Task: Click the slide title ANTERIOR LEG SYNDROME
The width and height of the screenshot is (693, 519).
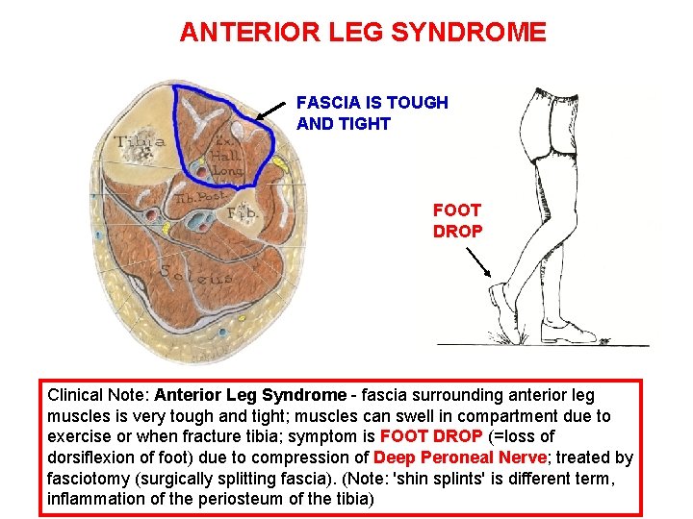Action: point(363,33)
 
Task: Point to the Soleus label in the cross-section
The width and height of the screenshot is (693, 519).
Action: point(196,273)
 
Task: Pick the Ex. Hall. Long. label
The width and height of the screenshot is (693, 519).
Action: point(226,154)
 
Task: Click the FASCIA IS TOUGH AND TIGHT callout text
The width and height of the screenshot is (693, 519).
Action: point(372,112)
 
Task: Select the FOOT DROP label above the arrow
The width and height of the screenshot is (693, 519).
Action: point(457,220)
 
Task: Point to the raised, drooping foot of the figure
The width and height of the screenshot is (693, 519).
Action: point(500,308)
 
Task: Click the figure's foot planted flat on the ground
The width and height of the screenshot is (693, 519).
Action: point(568,333)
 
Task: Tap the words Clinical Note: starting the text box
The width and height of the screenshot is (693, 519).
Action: point(98,395)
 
